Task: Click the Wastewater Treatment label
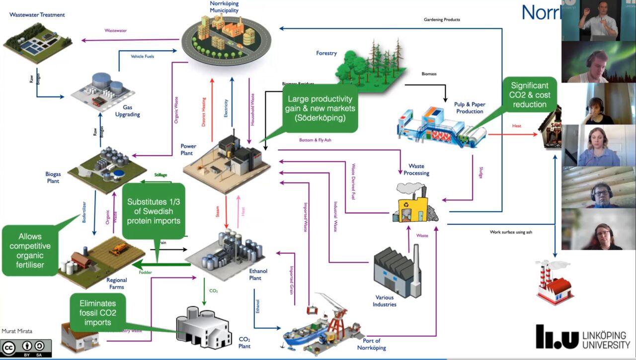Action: pyautogui.click(x=37, y=15)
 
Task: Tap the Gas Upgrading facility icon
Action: pyautogui.click(x=101, y=90)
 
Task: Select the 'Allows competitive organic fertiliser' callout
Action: pyautogui.click(x=30, y=251)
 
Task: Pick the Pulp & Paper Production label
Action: pyautogui.click(x=469, y=108)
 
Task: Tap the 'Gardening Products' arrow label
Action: pyautogui.click(x=442, y=20)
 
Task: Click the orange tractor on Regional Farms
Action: pyautogui.click(x=120, y=249)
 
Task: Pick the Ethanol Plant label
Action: pyautogui.click(x=258, y=274)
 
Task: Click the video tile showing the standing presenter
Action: pyautogui.click(x=598, y=20)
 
